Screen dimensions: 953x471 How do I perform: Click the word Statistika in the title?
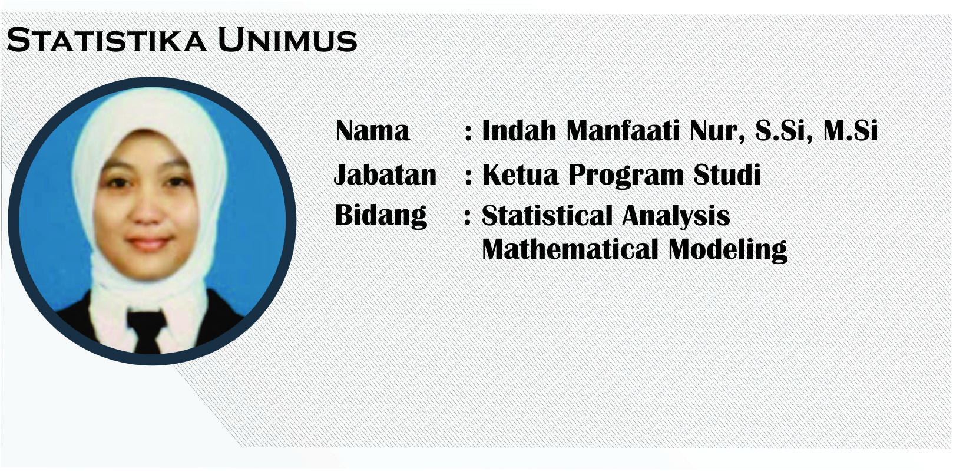(107, 40)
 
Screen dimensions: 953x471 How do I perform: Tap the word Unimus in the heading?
(287, 40)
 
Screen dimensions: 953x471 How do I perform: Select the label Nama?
(372, 130)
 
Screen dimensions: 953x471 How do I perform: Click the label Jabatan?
(385, 174)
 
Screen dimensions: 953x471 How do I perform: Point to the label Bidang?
(380, 216)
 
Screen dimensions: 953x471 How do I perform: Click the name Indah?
(519, 130)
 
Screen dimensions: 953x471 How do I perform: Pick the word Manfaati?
(623, 130)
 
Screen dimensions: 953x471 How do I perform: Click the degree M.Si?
(851, 130)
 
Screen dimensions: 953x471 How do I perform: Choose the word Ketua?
(520, 174)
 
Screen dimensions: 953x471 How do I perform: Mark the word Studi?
(727, 174)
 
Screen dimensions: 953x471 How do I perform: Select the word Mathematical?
(570, 249)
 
